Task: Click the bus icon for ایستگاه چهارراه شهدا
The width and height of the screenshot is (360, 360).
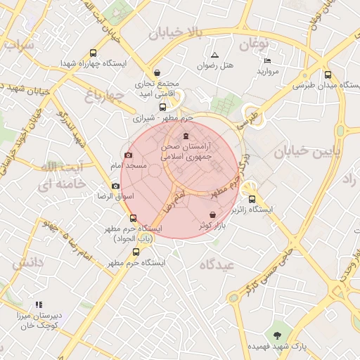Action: pyautogui.click(x=94, y=53)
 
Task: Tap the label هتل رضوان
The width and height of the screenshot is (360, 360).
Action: pyautogui.click(x=214, y=65)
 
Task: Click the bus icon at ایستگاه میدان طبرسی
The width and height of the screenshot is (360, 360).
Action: pyautogui.click(x=328, y=75)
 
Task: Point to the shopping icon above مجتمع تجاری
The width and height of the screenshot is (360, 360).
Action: pyautogui.click(x=157, y=72)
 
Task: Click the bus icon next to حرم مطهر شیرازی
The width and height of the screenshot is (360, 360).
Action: pyautogui.click(x=163, y=108)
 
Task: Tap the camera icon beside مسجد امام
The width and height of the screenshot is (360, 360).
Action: pyautogui.click(x=128, y=155)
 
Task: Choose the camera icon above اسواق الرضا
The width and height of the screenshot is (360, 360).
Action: pyautogui.click(x=115, y=186)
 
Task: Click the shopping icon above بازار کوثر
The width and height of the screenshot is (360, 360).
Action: pyautogui.click(x=212, y=214)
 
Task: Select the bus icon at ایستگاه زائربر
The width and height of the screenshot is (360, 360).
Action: pyautogui.click(x=252, y=199)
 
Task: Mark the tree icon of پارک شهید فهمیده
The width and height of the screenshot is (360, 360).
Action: pyautogui.click(x=277, y=335)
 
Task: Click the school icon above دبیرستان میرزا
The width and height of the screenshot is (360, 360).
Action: pyautogui.click(x=39, y=304)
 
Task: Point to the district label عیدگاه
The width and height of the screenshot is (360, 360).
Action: pyautogui.click(x=217, y=265)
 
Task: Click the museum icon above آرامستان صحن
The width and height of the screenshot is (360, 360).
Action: pyautogui.click(x=186, y=136)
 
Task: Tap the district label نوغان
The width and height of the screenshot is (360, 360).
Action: pyautogui.click(x=254, y=44)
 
